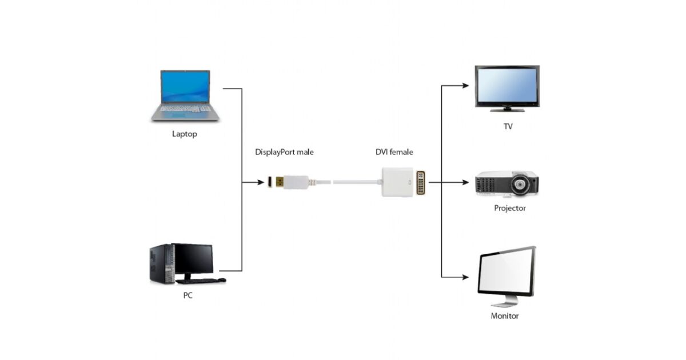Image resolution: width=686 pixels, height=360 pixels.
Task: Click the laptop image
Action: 185,95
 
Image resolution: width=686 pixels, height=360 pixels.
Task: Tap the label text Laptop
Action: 185,134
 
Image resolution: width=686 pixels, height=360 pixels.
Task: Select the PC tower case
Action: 161,264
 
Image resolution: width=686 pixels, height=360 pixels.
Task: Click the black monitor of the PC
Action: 193,259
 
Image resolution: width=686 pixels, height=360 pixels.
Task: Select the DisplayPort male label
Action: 284,152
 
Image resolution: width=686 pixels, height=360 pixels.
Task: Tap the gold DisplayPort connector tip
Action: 277,182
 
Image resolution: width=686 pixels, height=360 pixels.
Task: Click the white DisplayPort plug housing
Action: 296,182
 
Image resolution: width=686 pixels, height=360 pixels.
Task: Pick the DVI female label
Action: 394,152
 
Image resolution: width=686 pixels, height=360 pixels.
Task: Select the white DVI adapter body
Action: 398,182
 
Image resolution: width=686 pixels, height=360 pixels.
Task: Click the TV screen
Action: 506,85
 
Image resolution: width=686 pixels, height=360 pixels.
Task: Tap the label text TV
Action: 508,126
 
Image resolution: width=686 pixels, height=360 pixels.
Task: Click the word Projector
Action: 509,208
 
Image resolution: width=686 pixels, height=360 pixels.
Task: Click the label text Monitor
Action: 505,315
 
